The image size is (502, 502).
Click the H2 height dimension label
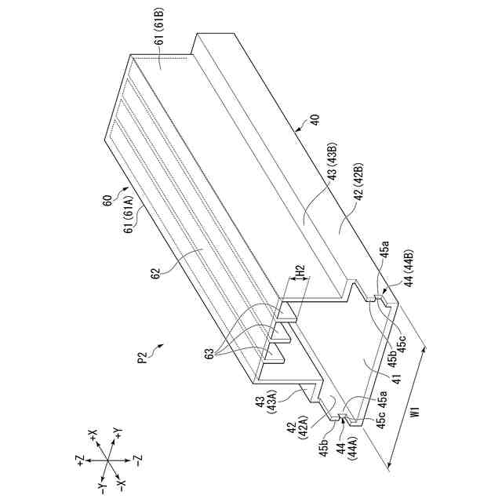[300, 271]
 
